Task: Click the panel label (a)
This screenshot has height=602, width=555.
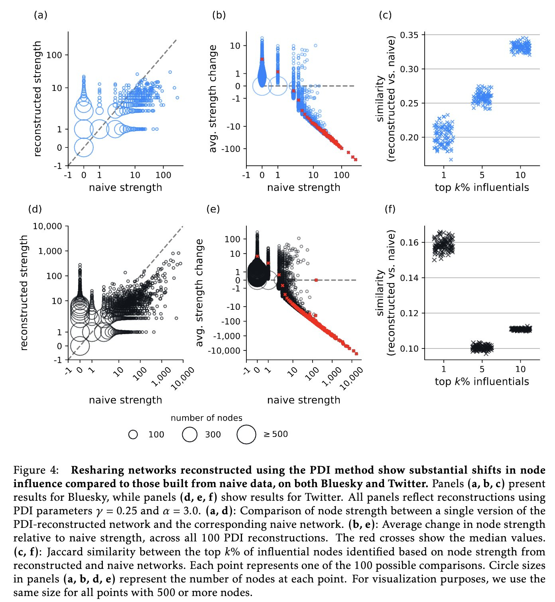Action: pos(41,15)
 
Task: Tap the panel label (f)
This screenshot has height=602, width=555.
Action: pos(390,209)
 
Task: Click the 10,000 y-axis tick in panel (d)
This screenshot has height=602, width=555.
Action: pos(47,226)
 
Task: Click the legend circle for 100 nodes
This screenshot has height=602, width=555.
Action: pos(133,435)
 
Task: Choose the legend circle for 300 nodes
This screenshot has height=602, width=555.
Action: pos(190,435)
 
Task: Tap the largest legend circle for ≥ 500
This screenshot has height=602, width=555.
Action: pos(246,435)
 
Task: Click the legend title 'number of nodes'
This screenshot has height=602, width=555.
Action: pos(207,418)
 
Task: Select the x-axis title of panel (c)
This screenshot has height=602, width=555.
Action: pos(482,187)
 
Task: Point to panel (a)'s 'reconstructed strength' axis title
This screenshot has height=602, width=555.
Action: pos(37,98)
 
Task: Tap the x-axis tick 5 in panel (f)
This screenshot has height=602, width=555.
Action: pos(482,369)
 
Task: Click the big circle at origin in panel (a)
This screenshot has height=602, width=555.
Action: pos(84,148)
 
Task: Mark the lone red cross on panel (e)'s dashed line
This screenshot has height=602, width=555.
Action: pos(316,280)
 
